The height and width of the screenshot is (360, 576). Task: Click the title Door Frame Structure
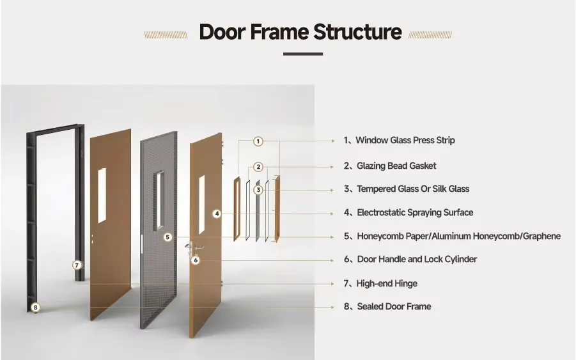300,32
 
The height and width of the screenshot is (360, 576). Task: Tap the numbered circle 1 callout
258,141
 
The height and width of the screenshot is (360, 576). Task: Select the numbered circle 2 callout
258,167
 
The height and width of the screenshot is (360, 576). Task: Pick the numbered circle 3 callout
258,190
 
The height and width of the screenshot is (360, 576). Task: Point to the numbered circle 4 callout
217,214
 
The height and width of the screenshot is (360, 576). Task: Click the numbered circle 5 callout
167,237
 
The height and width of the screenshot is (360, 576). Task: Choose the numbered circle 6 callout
196,260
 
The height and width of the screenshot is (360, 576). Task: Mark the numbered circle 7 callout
77,265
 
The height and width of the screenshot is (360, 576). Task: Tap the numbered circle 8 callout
35,308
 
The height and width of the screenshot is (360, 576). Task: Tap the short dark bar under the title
302,54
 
